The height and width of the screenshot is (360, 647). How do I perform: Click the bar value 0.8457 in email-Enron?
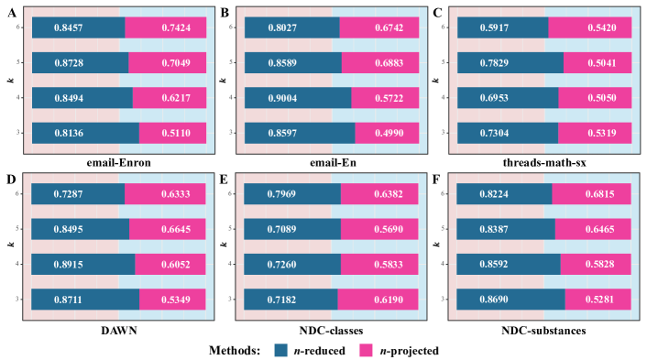click(x=78, y=27)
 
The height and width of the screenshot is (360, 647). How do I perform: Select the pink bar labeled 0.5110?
click(x=172, y=133)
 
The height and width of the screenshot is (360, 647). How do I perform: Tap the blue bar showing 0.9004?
click(x=297, y=98)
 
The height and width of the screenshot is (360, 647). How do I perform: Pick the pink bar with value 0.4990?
click(x=387, y=133)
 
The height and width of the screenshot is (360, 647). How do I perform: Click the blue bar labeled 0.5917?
click(x=502, y=27)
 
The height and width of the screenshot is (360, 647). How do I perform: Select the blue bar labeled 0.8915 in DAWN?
click(x=82, y=264)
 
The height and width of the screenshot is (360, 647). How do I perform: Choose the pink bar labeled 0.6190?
click(x=378, y=299)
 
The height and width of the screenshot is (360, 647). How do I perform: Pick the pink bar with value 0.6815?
click(x=591, y=194)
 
